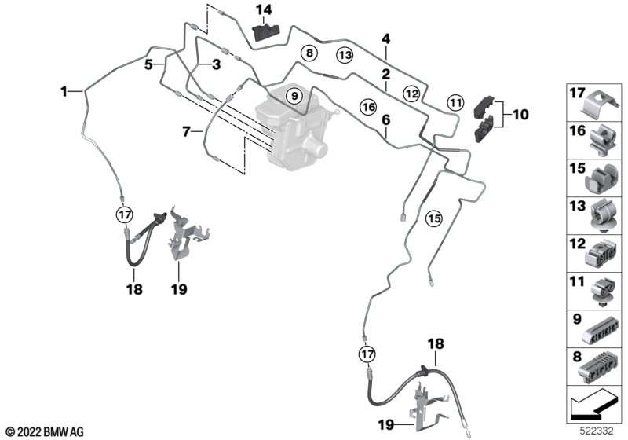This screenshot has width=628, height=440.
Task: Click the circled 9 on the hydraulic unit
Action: tap(293, 96)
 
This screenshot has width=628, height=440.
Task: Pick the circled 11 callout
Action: tap(455, 101)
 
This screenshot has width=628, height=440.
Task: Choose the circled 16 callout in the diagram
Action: tap(368, 105)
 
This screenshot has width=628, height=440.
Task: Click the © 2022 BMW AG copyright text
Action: tap(44, 431)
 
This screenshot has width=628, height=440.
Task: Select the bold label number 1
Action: tap(65, 92)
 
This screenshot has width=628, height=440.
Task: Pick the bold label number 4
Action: tap(385, 38)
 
